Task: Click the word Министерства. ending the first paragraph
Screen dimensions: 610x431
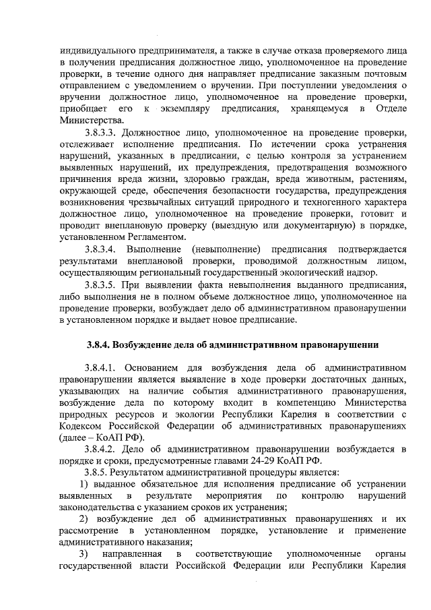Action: point(88,121)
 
